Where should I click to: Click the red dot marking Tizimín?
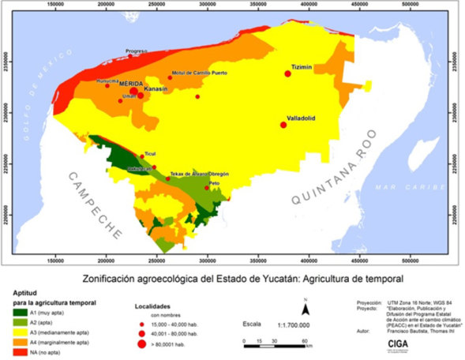click(288, 73)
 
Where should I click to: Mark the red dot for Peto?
click(207, 188)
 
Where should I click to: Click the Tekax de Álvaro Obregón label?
click(200, 173)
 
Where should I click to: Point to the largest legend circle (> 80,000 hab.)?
click(141, 345)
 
